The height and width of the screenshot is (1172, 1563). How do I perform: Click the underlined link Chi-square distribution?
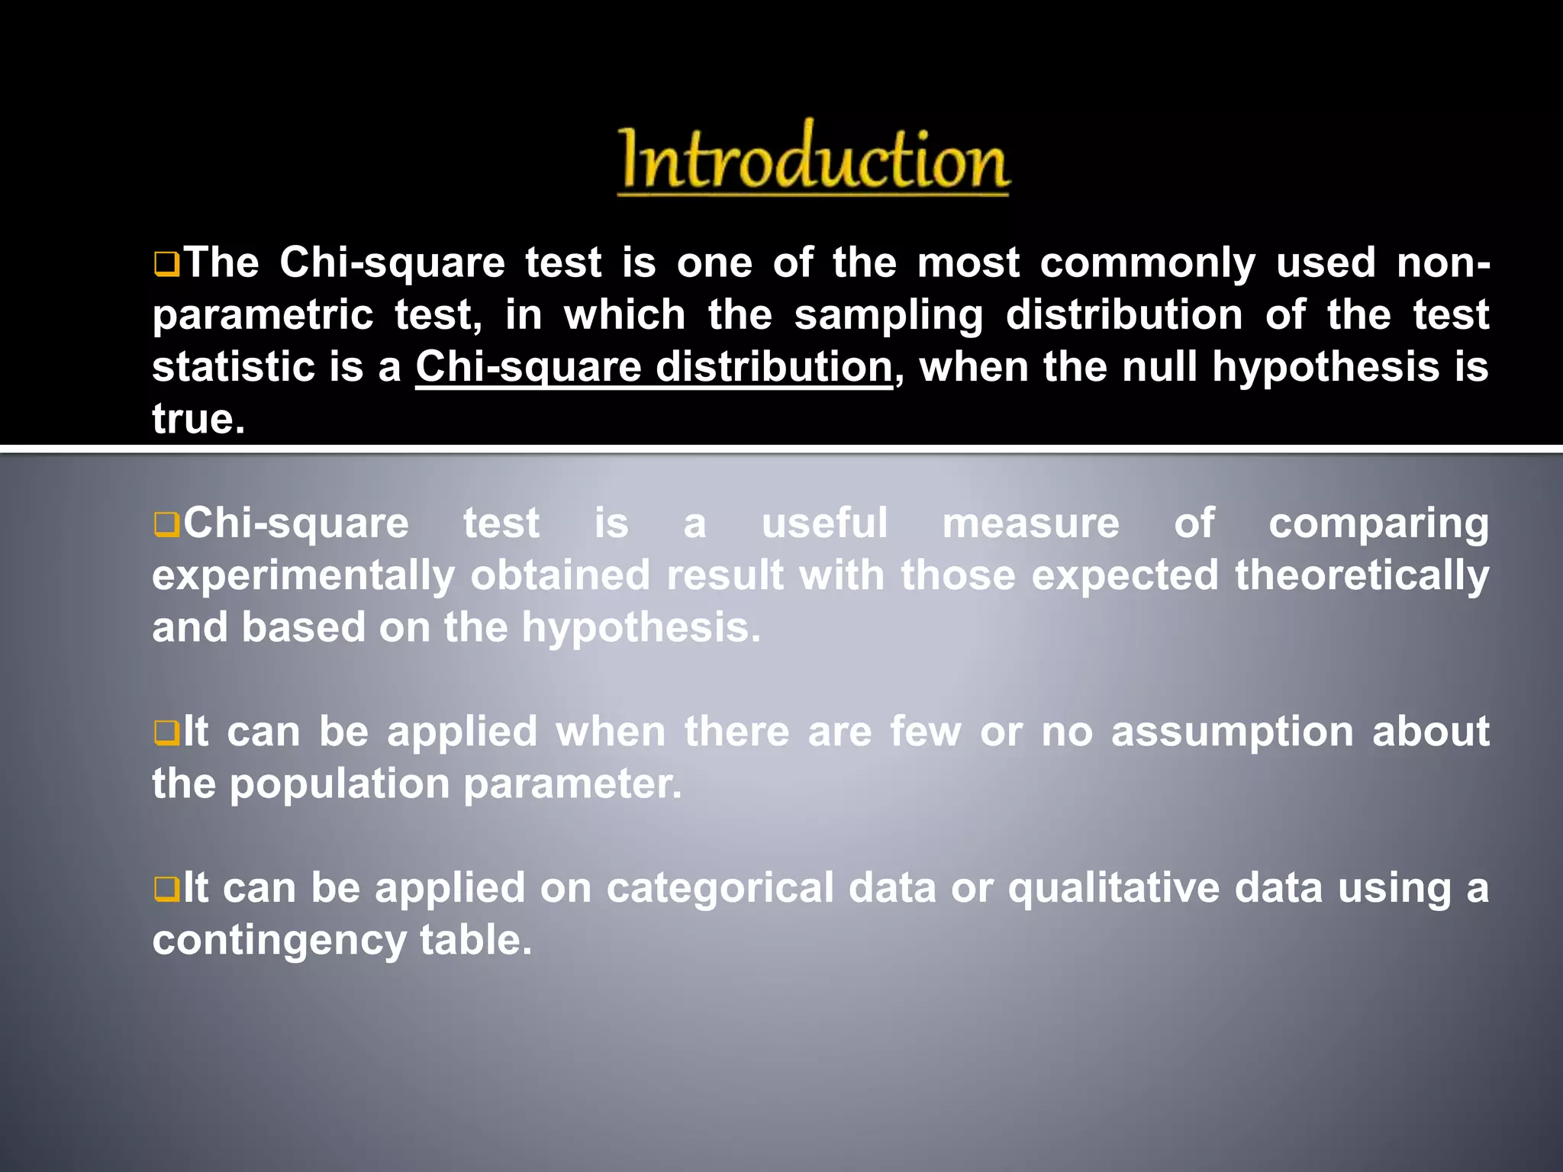(x=653, y=367)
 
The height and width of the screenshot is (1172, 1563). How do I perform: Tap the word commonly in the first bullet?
(x=1147, y=263)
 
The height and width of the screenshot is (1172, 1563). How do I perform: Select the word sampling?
(x=888, y=315)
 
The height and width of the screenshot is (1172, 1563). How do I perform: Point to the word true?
(x=198, y=419)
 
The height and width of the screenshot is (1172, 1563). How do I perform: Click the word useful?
(x=824, y=523)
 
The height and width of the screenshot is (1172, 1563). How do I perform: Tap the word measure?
(x=1030, y=523)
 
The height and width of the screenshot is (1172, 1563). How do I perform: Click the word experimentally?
(x=303, y=576)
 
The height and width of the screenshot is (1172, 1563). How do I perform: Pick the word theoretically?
(x=1362, y=576)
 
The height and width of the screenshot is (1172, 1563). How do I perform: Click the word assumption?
(x=1232, y=732)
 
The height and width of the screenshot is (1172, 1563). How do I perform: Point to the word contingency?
(x=279, y=940)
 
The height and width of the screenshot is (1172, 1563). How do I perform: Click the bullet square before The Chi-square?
(x=166, y=265)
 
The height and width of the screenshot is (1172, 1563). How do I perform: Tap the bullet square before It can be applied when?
(x=166, y=733)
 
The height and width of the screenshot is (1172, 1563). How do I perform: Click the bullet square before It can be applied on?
(x=166, y=889)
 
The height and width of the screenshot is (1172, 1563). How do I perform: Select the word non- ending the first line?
(x=1442, y=263)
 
